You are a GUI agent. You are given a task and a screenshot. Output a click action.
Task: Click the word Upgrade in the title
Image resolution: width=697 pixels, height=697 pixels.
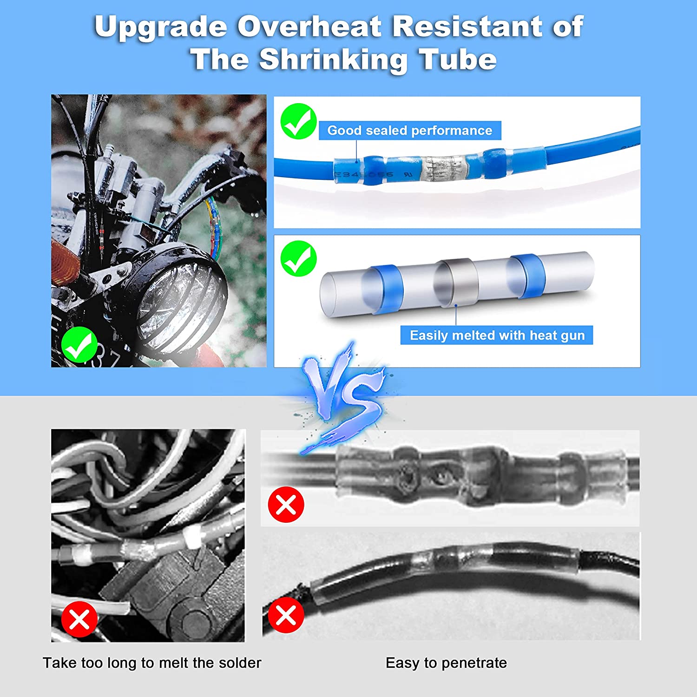pos(161,27)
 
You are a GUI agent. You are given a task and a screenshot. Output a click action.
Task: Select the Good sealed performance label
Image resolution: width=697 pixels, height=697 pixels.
pos(409,131)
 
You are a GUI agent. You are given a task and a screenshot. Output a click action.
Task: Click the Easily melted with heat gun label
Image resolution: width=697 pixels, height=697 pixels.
pos(497,335)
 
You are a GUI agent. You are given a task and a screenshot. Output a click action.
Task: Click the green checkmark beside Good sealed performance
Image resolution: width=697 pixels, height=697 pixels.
pos(299,121)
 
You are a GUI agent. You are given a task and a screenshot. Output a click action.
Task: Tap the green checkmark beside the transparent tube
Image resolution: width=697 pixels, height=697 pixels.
pos(299,259)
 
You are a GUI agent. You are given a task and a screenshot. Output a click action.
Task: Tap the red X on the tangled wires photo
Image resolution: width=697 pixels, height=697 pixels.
pos(79,619)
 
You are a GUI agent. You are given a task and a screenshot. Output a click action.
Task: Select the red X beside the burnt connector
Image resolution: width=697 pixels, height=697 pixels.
pos(286,505)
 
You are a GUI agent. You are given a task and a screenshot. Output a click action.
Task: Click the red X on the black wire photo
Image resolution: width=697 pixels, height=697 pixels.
pos(286,616)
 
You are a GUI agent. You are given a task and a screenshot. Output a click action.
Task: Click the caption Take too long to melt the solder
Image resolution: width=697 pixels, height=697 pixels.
pos(152,663)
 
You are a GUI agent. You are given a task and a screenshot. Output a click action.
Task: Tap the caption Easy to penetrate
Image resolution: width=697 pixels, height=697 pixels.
pos(446,663)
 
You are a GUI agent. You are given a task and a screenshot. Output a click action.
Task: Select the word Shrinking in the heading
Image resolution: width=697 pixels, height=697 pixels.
pos(333,60)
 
